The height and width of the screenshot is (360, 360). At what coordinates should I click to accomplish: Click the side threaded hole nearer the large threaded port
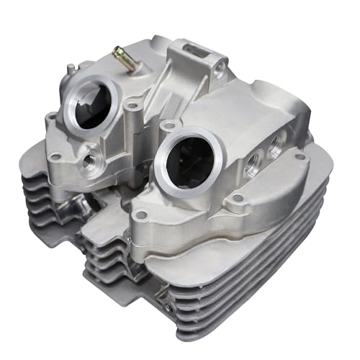[251, 165]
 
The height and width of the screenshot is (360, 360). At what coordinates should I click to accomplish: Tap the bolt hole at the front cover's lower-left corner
[140, 214]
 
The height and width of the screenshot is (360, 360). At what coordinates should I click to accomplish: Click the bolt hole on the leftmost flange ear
[50, 117]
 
